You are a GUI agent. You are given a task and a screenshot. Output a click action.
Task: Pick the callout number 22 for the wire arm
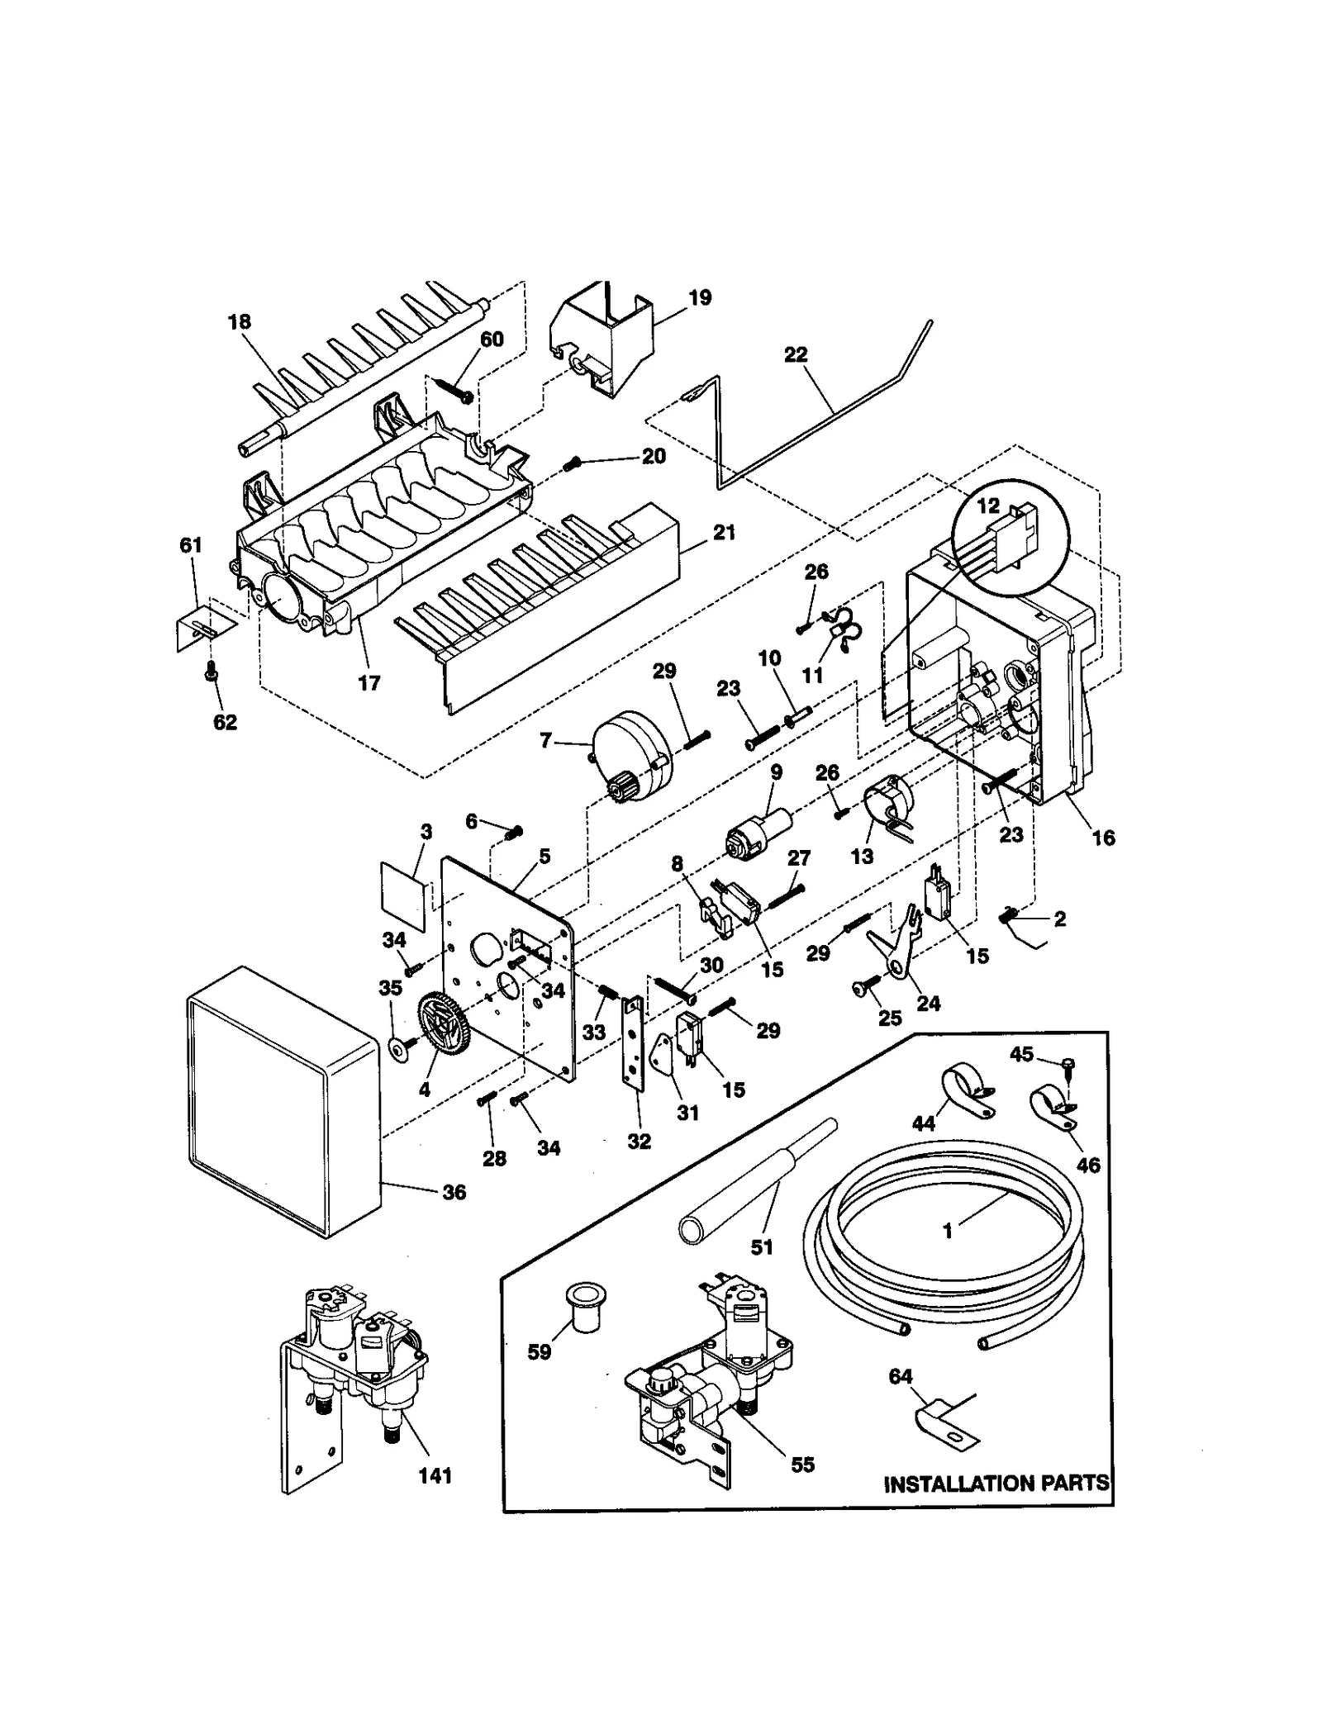click(796, 354)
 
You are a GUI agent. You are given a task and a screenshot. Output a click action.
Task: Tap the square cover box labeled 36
click(281, 1104)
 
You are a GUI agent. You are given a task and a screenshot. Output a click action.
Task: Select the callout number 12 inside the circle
click(988, 506)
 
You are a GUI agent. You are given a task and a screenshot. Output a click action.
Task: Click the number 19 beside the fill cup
click(700, 297)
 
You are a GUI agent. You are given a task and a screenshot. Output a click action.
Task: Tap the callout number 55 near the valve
click(802, 1465)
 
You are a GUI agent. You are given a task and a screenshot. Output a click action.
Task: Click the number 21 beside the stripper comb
click(724, 534)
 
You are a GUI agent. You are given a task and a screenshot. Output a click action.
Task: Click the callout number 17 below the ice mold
click(369, 683)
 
